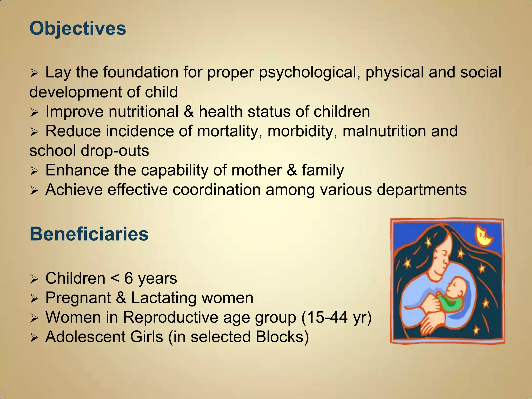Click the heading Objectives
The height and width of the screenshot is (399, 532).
[78, 28]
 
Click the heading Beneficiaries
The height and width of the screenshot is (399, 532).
[89, 234]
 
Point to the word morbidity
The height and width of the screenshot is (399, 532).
[302, 131]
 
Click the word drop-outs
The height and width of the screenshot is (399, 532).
[115, 151]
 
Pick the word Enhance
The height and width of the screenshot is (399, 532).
[77, 170]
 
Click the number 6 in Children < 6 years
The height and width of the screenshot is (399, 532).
[129, 278]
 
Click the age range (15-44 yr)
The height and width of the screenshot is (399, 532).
[336, 317]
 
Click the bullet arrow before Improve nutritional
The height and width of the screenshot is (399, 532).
[34, 112]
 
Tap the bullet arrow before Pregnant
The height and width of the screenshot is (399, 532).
[34, 299]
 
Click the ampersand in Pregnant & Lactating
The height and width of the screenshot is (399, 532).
[121, 298]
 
